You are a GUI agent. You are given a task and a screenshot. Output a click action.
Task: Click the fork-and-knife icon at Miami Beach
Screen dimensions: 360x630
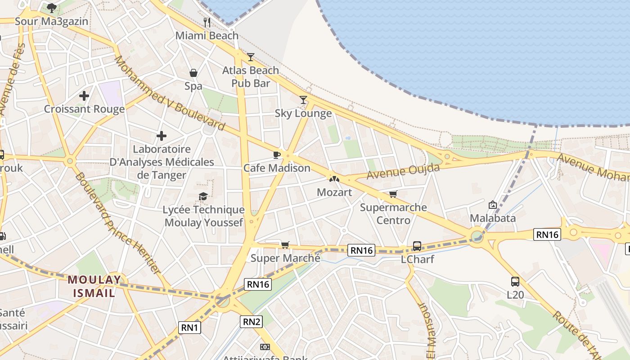click(x=207, y=22)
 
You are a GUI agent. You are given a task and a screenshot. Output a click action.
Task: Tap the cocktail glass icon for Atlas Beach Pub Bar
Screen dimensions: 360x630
click(x=251, y=57)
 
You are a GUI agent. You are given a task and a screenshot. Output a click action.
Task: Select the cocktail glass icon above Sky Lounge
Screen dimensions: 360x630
click(x=303, y=100)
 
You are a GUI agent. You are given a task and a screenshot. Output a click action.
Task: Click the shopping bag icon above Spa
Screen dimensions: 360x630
click(x=193, y=73)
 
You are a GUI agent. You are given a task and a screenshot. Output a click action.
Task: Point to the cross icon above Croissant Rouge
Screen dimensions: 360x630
click(x=84, y=96)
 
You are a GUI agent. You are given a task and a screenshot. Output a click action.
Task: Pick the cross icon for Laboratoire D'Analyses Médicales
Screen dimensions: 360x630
click(x=162, y=136)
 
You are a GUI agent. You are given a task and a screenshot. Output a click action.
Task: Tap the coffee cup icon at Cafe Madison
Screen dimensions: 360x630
click(x=277, y=155)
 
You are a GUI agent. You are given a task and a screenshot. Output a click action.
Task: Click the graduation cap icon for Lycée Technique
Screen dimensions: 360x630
click(x=203, y=197)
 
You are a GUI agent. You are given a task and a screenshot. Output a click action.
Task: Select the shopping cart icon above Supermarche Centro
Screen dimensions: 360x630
click(x=393, y=194)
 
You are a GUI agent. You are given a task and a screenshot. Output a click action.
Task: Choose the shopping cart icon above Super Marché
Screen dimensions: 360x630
click(x=285, y=245)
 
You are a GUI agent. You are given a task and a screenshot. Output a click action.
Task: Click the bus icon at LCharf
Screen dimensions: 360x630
click(x=417, y=246)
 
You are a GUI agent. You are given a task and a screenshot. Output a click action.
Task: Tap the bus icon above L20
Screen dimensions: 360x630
click(x=515, y=282)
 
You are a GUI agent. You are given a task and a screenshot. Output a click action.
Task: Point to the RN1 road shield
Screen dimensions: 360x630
click(x=189, y=328)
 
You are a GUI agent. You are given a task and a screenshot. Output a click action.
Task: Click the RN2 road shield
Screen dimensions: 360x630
click(x=251, y=321)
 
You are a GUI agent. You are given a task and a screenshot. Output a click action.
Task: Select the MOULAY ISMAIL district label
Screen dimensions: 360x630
click(x=94, y=287)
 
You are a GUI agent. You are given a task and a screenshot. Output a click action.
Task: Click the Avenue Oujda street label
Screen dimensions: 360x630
click(x=403, y=171)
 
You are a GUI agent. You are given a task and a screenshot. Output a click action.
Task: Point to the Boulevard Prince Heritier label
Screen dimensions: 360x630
click(x=117, y=223)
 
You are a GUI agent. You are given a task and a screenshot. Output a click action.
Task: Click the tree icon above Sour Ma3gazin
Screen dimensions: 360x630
click(x=52, y=8)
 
